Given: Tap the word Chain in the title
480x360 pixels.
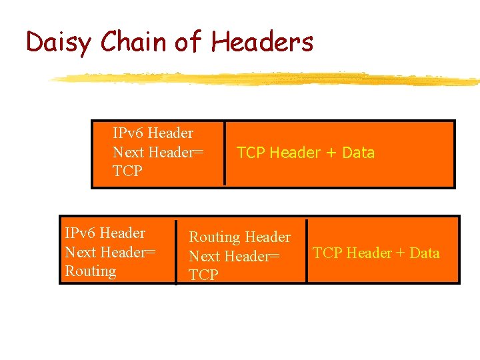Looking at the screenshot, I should point(134,42).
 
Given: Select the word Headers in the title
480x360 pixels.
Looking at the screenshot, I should point(262,42).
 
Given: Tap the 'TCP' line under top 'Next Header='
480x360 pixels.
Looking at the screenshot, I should point(127,171).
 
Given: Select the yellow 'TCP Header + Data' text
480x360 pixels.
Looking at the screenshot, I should point(305,153).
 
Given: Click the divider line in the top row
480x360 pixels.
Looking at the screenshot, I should point(225,153).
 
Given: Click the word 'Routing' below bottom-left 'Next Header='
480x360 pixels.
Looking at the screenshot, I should point(90,271).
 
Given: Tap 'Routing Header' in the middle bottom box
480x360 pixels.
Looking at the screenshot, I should point(239,237).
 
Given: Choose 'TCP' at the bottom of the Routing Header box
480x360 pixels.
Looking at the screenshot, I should point(203,275).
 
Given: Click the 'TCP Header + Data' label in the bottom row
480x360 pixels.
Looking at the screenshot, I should point(376,253).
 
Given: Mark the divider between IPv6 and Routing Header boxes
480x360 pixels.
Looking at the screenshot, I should point(176,251).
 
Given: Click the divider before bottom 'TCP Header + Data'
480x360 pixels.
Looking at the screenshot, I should point(307,251).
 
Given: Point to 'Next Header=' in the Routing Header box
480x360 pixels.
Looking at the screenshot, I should point(234,257).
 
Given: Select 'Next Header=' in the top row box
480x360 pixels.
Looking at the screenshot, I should point(158,153).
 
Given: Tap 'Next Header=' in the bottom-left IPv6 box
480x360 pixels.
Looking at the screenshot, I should point(110,253).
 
